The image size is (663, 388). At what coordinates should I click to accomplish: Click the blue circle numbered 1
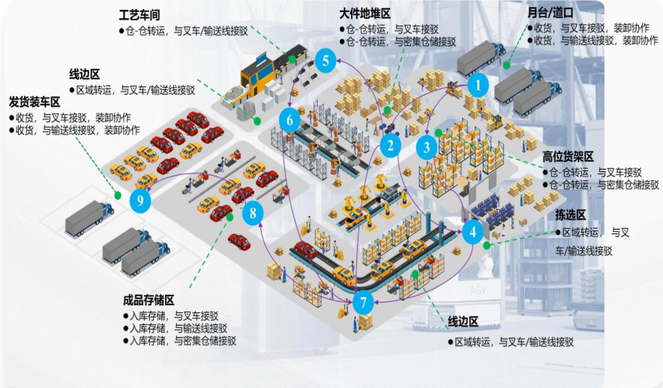click(478, 85)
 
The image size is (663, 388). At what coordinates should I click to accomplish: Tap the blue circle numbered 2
click(390, 146)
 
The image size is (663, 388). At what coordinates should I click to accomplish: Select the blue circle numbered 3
click(426, 147)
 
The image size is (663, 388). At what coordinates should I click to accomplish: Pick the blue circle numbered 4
click(472, 231)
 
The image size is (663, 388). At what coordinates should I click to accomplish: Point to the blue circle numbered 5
click(325, 61)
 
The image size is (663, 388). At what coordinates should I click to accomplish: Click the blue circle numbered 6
click(289, 121)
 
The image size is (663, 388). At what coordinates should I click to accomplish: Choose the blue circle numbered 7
click(363, 302)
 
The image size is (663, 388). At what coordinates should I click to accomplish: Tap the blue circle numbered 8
click(253, 213)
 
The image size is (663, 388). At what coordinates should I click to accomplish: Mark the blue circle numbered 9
click(140, 200)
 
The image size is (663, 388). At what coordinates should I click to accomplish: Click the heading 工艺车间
click(139, 16)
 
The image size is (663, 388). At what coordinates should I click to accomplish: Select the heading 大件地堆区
click(365, 14)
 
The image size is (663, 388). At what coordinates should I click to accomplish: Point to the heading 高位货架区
click(568, 157)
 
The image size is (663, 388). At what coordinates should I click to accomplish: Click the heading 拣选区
click(571, 215)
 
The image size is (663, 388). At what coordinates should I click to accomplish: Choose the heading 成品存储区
click(148, 300)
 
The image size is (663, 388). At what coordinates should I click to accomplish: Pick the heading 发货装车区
click(34, 102)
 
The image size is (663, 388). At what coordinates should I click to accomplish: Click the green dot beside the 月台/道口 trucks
click(506, 65)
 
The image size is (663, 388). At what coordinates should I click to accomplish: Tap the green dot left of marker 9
click(118, 195)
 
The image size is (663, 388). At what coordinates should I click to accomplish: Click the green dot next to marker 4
click(486, 245)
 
